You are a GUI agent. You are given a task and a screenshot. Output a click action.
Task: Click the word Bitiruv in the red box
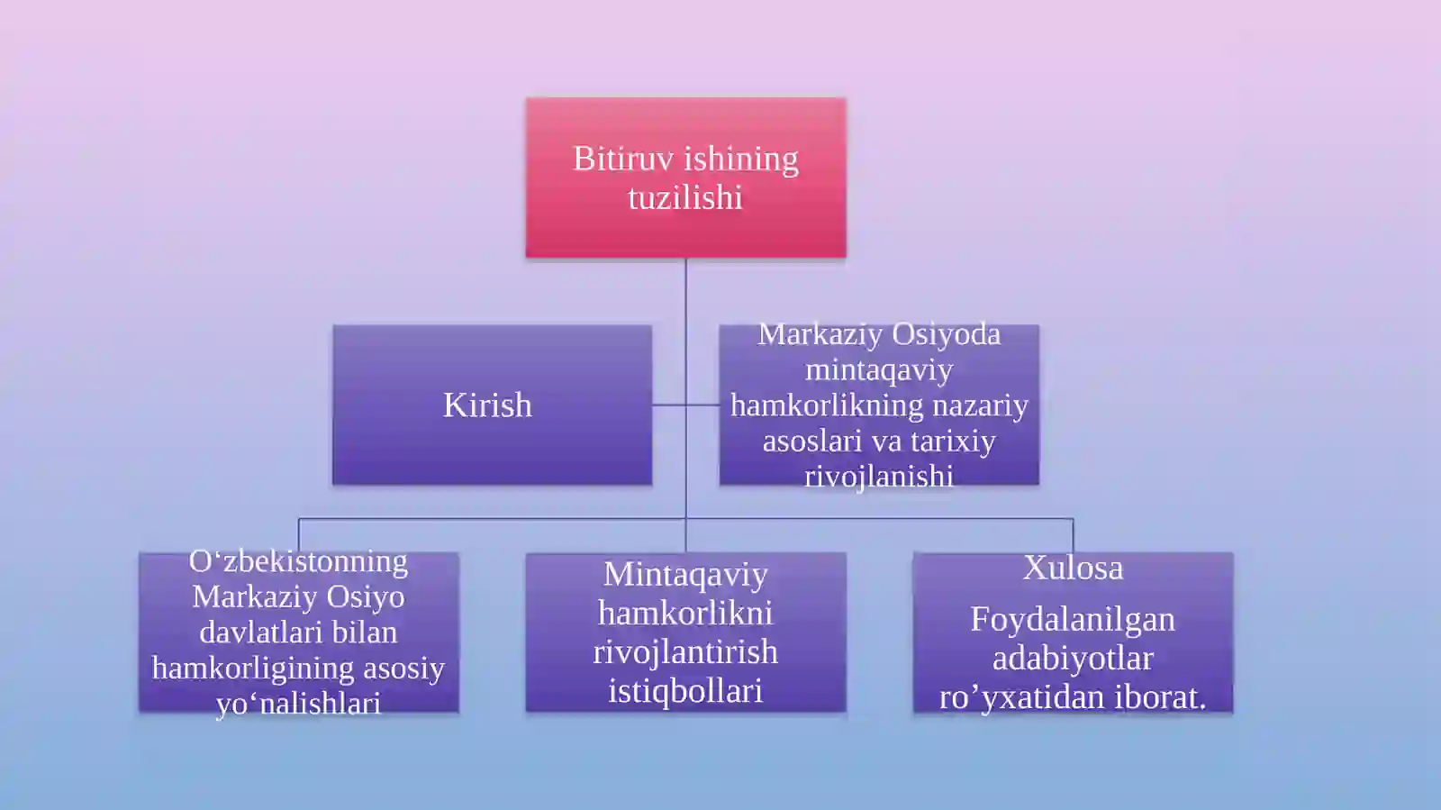[x=623, y=159]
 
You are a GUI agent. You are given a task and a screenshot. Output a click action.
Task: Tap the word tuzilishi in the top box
[x=685, y=197]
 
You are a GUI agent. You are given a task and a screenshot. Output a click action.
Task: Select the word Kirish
[x=487, y=405]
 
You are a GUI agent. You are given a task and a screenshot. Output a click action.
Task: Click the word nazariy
[x=980, y=406]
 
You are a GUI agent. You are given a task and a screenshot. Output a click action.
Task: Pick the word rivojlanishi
[x=879, y=477]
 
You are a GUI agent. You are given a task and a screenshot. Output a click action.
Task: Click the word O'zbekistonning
[x=298, y=561]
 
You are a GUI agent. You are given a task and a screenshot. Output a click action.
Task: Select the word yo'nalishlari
[x=298, y=704]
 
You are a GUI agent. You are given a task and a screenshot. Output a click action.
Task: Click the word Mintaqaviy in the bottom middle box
[x=685, y=575]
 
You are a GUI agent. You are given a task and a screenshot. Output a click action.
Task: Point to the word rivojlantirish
[x=685, y=651]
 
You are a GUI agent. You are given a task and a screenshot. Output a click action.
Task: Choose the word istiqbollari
[x=685, y=691]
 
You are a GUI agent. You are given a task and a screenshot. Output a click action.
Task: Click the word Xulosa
[x=1073, y=568]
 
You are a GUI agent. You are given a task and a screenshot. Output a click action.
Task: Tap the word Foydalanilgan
[x=1073, y=620]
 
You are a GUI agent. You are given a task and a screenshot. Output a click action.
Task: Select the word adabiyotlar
[x=1073, y=658]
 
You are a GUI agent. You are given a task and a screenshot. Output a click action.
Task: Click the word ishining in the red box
[x=742, y=159]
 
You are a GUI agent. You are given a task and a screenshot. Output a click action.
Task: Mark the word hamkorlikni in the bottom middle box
[x=685, y=613]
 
